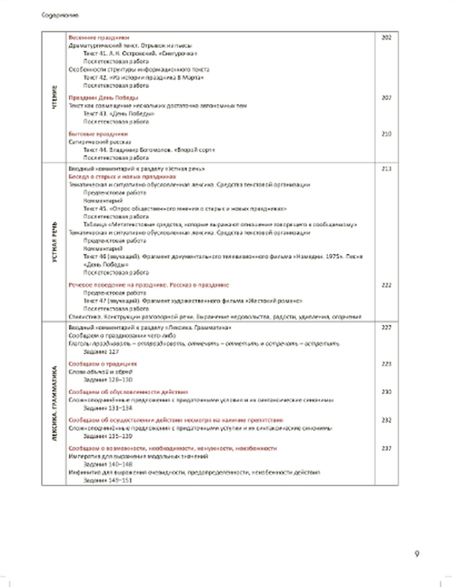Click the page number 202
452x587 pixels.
pyautogui.click(x=386, y=37)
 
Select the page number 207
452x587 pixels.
pyautogui.click(x=386, y=98)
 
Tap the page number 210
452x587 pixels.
pyautogui.click(x=386, y=134)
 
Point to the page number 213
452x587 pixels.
pyautogui.click(x=386, y=169)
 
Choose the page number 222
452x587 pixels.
pyautogui.click(x=386, y=285)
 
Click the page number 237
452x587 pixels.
pyautogui.click(x=386, y=448)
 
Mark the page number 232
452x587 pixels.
pyautogui.click(x=386, y=420)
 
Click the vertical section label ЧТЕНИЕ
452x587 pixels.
pyautogui.click(x=55, y=97)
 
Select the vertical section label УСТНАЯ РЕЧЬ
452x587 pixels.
pyautogui.click(x=55, y=242)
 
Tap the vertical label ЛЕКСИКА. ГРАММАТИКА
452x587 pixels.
pyautogui.click(x=55, y=403)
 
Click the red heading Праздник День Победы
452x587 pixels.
pyautogui.click(x=104, y=98)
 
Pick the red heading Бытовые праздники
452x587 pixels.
pyautogui.click(x=98, y=134)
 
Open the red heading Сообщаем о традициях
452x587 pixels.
pyautogui.click(x=103, y=363)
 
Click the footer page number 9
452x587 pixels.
pyautogui.click(x=417, y=554)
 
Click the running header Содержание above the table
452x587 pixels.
pyautogui.click(x=60, y=15)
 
